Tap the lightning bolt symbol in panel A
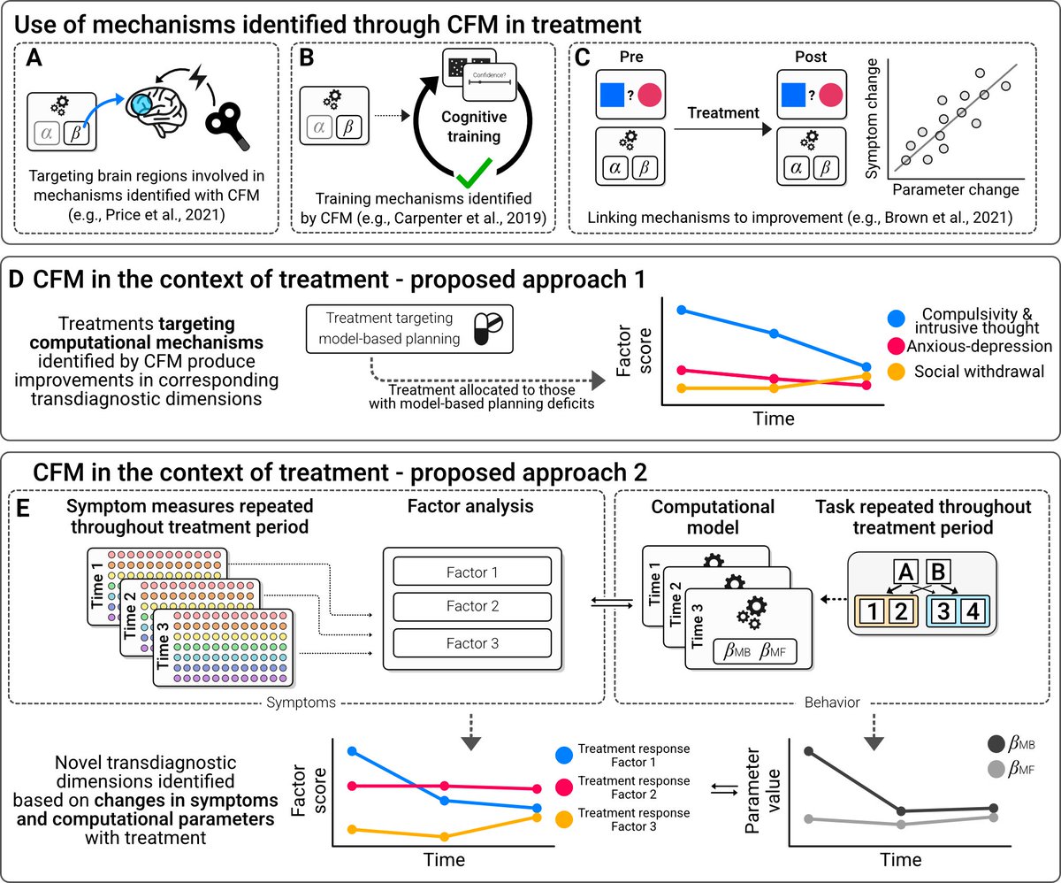(198, 77)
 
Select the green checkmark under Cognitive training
(474, 173)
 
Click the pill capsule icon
(488, 328)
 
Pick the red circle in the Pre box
(649, 96)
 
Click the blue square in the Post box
(793, 96)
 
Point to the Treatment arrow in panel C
(723, 129)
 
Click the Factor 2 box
(472, 606)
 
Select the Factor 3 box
(472, 643)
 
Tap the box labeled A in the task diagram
(906, 572)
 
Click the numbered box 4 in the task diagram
(973, 610)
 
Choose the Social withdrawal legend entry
(965, 372)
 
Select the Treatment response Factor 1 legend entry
(623, 756)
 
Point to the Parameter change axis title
(956, 189)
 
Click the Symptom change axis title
(872, 119)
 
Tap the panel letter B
(307, 58)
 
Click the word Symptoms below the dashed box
(301, 703)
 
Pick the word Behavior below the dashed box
(832, 703)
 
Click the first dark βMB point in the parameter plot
(809, 751)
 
